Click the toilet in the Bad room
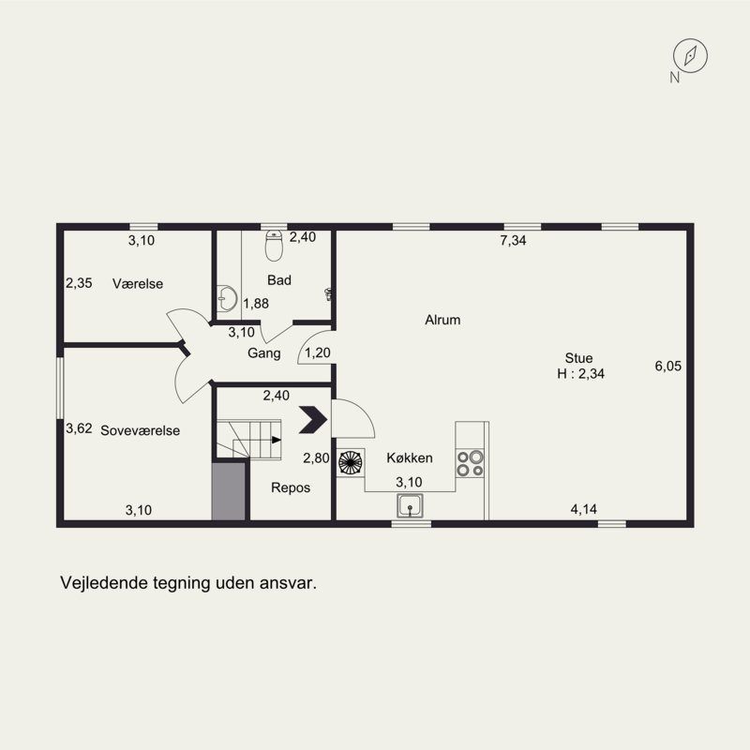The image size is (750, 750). point(274,246)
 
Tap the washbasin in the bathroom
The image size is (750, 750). point(227,298)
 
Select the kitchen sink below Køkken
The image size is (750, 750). point(410,506)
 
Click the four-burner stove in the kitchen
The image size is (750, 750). point(471,463)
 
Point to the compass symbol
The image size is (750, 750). point(690,56)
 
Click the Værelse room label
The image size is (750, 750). point(138,284)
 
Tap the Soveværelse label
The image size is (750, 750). point(140,430)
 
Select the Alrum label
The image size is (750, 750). point(442,320)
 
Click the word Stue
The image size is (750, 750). point(578,358)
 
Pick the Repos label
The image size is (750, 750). point(291,487)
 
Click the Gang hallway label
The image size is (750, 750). point(264,353)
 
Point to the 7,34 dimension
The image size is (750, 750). point(513,241)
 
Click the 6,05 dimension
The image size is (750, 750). point(668,366)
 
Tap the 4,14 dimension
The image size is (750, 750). point(583,509)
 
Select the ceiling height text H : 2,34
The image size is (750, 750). point(580,373)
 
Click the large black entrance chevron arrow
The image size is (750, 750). point(313,419)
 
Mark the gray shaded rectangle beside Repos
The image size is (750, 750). point(229,490)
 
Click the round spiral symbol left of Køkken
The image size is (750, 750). point(351,462)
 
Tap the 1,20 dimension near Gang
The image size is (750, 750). point(318,353)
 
